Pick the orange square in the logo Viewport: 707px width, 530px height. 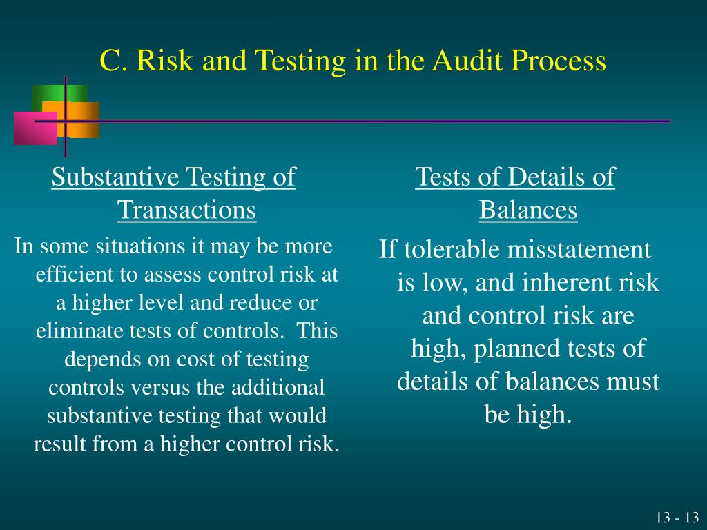(81, 119)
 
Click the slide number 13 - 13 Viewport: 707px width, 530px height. (677, 518)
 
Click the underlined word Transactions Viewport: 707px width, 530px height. (186, 210)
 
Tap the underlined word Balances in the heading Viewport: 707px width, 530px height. (528, 210)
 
